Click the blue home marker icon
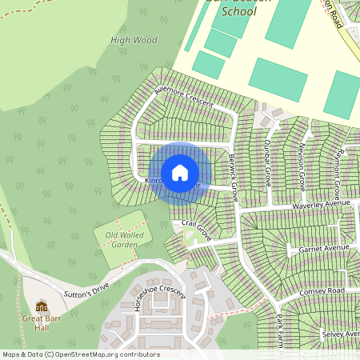tap(180, 173)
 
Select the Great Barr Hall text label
tap(41, 322)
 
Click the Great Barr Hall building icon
tap(41, 306)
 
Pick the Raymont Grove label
tap(339, 168)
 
